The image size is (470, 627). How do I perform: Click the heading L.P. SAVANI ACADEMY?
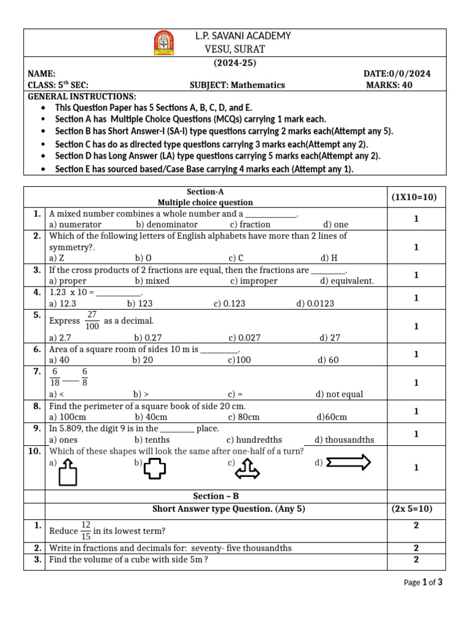[x=242, y=36]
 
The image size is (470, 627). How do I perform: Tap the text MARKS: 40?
[x=389, y=85]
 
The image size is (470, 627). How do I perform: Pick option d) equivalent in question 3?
[x=346, y=281]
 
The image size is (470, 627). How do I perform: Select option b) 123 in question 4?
[x=140, y=303]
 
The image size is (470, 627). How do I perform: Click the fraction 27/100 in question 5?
[x=92, y=320]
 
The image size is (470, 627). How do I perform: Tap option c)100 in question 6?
[x=239, y=360]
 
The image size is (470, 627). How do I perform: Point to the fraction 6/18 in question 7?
[x=55, y=377]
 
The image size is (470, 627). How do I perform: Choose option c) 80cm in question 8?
[x=244, y=417]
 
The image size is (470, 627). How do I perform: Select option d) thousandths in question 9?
[x=344, y=440]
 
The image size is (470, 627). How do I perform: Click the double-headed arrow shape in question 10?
[x=349, y=463]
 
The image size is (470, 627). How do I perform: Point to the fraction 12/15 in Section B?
[x=86, y=530]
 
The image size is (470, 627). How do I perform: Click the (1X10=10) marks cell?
[x=413, y=197]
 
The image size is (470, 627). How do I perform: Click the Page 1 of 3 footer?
[x=423, y=582]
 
